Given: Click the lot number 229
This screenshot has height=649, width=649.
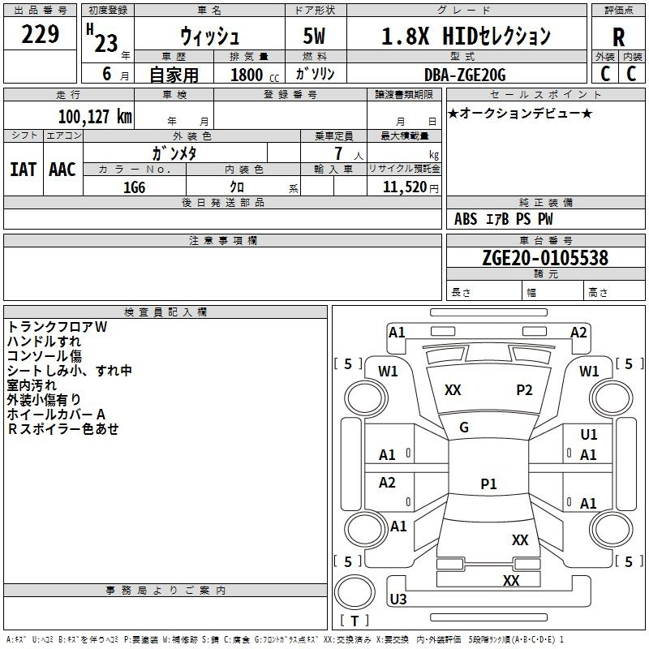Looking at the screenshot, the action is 40,34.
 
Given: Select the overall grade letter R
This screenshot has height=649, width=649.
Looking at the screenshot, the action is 618,37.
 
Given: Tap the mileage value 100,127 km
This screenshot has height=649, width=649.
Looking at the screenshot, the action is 95,116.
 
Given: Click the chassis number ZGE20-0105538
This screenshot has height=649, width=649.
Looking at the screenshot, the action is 545,257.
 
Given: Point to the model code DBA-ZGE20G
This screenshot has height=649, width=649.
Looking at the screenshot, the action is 465,75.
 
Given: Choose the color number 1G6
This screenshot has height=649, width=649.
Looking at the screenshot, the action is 134,187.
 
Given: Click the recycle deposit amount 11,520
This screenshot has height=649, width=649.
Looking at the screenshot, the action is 404,187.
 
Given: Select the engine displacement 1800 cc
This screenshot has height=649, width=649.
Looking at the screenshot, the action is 255,75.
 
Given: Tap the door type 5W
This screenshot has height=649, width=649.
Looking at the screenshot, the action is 314,36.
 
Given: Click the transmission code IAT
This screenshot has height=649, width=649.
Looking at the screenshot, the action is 24,170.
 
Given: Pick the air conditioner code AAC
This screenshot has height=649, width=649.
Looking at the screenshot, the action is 62,170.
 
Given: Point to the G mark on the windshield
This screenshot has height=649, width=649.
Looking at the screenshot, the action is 464,427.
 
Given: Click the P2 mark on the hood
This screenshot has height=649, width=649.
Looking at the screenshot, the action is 524,389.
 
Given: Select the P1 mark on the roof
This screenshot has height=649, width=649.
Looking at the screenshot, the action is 488,484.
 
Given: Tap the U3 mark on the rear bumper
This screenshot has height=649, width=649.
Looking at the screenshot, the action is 398,599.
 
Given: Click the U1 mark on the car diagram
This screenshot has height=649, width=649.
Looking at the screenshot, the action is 589,434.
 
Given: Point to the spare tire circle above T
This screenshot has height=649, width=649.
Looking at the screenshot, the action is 355,592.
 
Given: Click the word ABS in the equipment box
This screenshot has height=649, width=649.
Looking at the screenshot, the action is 466,219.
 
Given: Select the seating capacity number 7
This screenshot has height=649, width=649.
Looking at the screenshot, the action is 338,153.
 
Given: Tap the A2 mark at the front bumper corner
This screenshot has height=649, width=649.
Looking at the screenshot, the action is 578,333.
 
